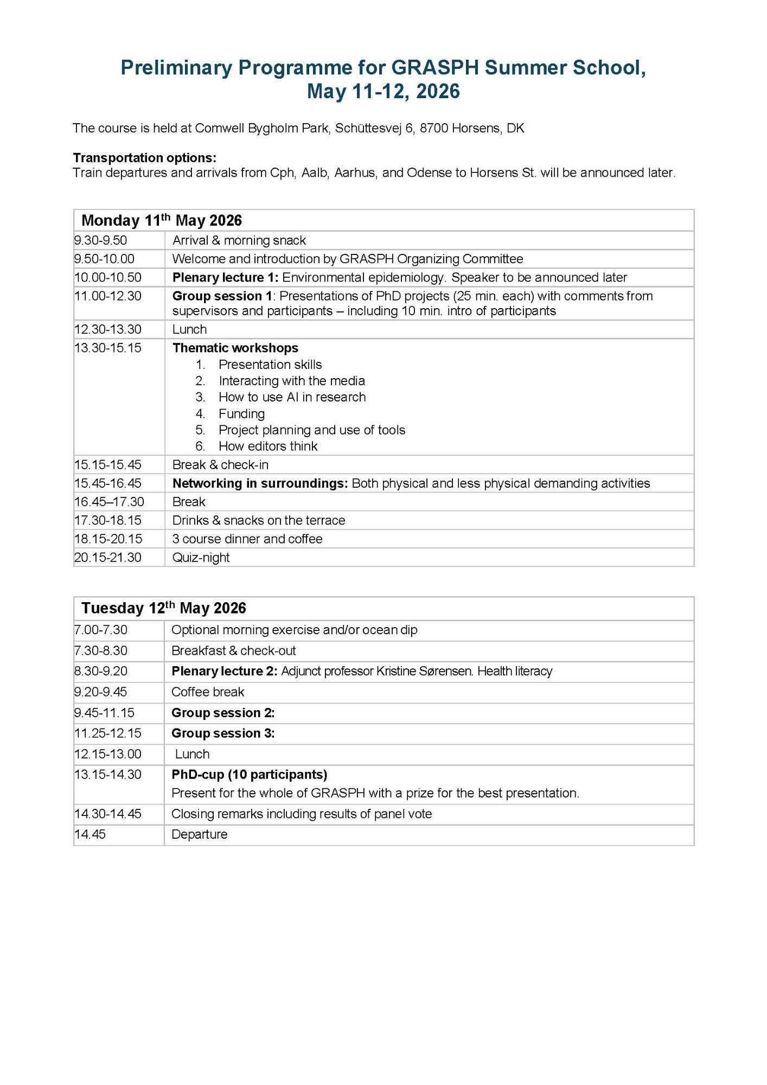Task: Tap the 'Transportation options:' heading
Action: point(144,158)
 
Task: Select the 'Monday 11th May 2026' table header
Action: point(162,220)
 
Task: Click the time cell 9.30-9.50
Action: point(101,240)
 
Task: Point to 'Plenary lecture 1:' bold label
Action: point(225,277)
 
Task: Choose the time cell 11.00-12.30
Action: point(108,296)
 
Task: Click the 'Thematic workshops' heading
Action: point(235,348)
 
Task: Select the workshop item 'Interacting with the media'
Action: point(291,381)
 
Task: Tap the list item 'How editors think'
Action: point(268,446)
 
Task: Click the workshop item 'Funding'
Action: point(241,413)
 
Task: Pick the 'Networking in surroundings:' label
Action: point(260,483)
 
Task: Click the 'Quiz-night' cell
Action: point(201,557)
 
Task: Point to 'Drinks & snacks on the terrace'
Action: point(259,520)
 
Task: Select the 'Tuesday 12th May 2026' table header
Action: point(164,608)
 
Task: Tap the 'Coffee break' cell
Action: point(208,692)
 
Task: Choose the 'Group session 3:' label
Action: point(223,733)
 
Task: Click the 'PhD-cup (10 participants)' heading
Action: point(250,774)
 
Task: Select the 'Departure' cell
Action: point(200,834)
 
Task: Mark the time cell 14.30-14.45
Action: point(108,814)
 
